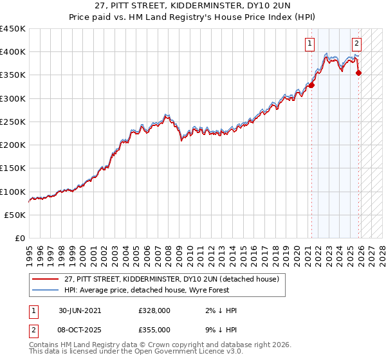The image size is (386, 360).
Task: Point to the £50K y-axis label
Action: (15, 215)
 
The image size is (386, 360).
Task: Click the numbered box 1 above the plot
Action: (310, 44)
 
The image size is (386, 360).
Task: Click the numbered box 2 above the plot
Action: (356, 44)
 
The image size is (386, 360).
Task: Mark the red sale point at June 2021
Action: (311, 85)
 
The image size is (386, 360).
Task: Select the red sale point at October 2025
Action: (358, 73)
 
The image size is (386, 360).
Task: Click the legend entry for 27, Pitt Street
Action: (171, 279)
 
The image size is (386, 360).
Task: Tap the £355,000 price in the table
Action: (154, 329)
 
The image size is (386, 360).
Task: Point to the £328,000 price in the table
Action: (154, 310)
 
